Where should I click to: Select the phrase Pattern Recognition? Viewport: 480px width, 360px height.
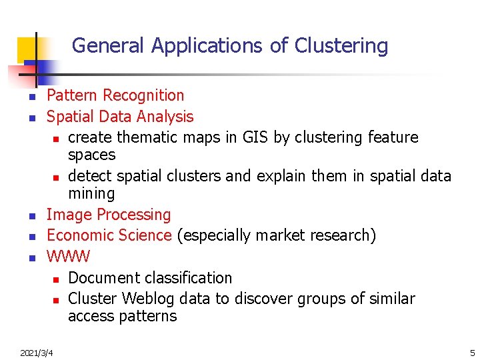click(x=115, y=96)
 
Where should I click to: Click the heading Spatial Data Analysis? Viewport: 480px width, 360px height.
click(x=120, y=117)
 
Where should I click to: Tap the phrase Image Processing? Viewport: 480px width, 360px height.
click(x=109, y=215)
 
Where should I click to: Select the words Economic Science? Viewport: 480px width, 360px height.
click(x=109, y=235)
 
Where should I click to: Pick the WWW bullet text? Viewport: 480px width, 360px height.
click(x=68, y=256)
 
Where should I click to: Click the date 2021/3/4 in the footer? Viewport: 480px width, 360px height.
click(x=37, y=352)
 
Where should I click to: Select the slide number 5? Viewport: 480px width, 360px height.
click(x=472, y=352)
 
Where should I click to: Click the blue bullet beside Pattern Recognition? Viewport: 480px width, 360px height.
click(x=31, y=97)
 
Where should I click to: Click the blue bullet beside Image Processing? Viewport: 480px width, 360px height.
click(x=31, y=216)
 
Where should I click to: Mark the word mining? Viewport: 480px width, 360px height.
click(x=91, y=194)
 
